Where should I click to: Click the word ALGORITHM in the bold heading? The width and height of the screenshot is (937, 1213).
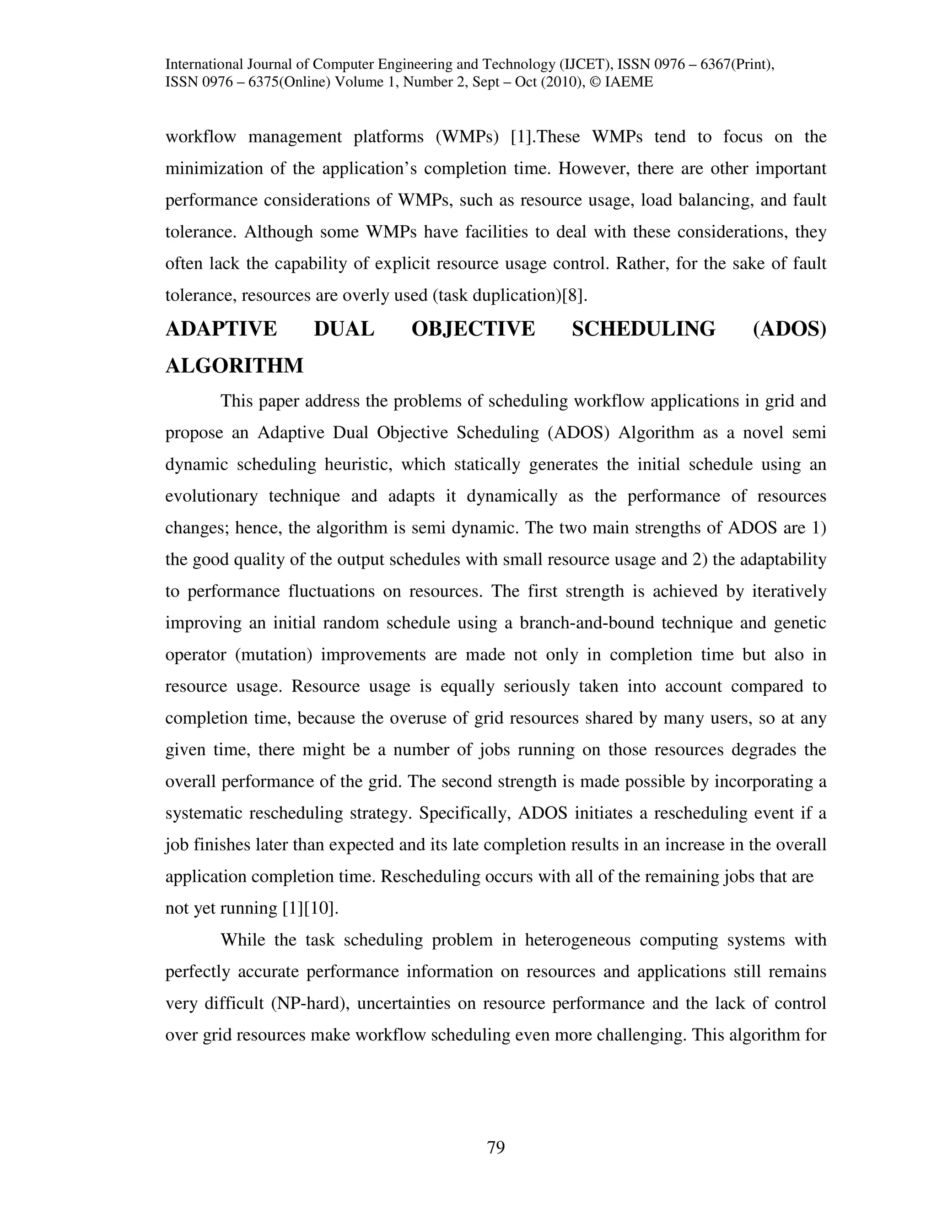click(x=234, y=365)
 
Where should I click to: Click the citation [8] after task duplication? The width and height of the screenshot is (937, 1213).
click(x=574, y=296)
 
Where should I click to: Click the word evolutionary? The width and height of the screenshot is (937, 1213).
click(x=211, y=496)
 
